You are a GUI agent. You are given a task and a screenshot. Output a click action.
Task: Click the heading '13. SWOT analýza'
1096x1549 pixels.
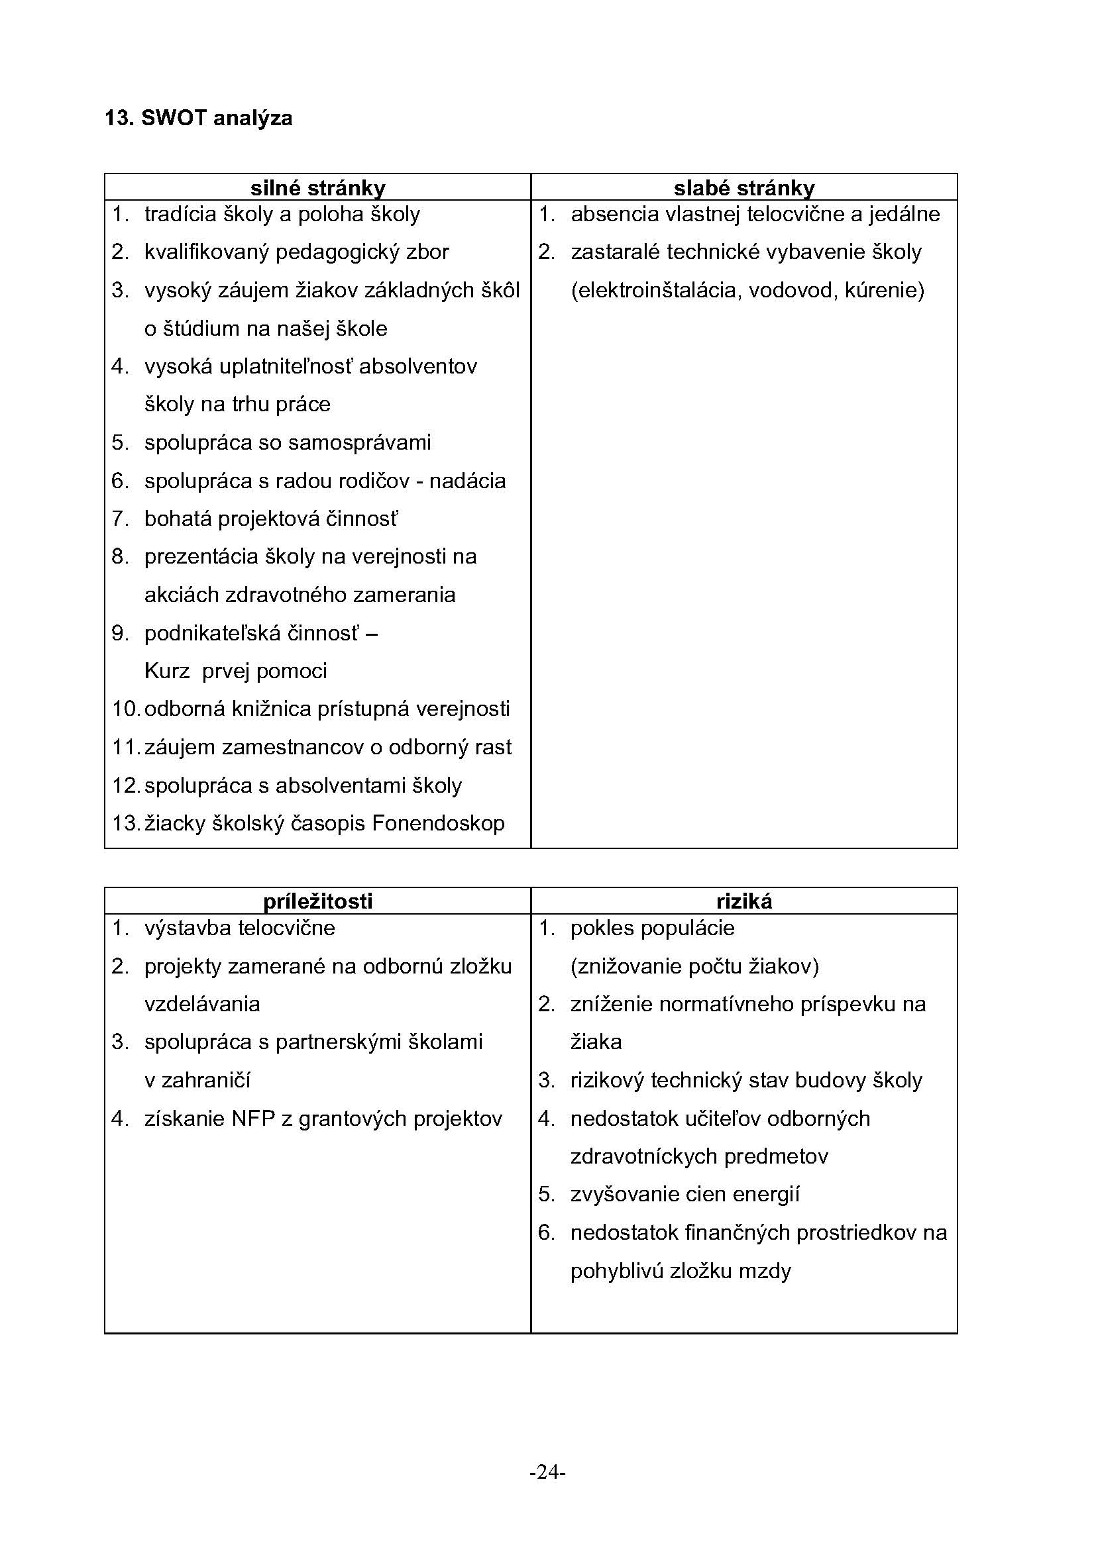click(198, 119)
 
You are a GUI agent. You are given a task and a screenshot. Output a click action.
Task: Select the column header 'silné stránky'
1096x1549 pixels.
click(318, 187)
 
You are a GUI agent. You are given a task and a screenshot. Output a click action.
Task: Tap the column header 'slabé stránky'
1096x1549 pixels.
click(743, 187)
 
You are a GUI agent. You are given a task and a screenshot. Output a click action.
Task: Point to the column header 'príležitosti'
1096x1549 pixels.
click(318, 901)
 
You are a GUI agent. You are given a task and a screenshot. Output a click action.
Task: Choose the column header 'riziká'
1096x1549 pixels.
click(743, 901)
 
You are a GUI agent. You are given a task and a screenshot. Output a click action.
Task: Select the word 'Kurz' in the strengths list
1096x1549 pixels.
click(167, 672)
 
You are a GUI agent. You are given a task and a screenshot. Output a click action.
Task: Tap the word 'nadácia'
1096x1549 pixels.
click(468, 481)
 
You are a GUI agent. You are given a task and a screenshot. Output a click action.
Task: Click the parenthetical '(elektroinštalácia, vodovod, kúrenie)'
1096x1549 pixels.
click(747, 291)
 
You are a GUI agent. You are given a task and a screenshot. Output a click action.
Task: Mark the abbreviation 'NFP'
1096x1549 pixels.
click(253, 1119)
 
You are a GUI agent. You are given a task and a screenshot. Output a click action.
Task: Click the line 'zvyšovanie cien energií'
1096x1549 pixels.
click(685, 1195)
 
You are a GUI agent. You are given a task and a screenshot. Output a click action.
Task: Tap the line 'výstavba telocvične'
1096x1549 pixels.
click(240, 928)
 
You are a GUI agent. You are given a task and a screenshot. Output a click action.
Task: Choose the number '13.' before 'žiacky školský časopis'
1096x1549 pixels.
click(125, 824)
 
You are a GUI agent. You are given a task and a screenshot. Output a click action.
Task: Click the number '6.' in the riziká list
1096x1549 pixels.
click(546, 1233)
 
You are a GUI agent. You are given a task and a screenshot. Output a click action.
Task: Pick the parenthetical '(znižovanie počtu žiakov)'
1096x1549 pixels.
click(694, 967)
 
